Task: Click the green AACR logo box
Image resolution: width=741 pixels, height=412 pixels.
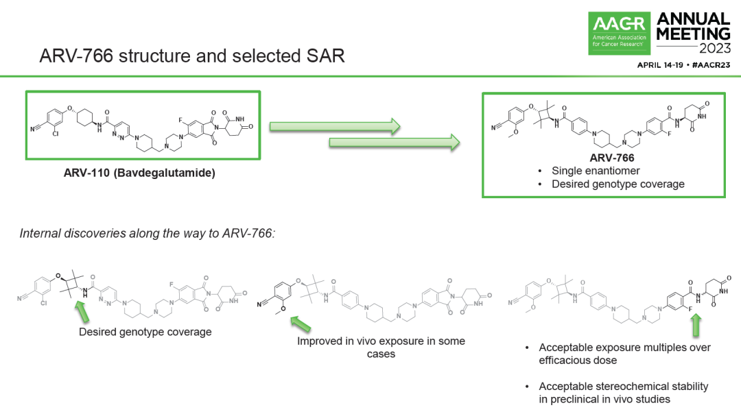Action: point(619,33)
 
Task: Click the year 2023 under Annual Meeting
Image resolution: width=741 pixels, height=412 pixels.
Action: point(715,48)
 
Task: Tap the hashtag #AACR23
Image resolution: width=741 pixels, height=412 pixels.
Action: point(711,65)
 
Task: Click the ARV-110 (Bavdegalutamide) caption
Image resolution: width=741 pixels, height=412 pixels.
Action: point(139,173)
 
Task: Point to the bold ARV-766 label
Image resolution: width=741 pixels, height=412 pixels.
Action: point(612,158)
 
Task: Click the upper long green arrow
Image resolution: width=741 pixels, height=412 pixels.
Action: point(335,126)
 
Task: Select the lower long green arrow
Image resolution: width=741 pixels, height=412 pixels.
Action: point(395,142)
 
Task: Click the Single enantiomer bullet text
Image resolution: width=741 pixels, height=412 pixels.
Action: point(596,171)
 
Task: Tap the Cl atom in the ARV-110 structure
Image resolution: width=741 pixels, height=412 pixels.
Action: point(56,134)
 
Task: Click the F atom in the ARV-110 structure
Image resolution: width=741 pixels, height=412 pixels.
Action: point(180,121)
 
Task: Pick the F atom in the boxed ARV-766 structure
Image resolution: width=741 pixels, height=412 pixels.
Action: point(669,134)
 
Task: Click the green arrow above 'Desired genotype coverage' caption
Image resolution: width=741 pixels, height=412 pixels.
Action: point(82,311)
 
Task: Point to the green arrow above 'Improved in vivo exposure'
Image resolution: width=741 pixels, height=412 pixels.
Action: point(301,324)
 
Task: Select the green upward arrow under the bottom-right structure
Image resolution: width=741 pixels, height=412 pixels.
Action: point(696,326)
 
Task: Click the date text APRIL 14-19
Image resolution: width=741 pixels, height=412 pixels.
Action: point(660,65)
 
